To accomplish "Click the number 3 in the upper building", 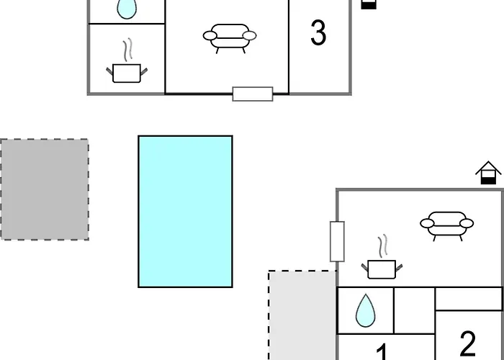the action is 318,32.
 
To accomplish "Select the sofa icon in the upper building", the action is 230,38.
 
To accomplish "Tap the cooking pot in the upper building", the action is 127,73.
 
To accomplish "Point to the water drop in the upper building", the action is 127,9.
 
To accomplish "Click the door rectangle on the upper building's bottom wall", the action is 253,94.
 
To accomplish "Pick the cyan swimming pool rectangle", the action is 186,212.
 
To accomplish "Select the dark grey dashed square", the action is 45,189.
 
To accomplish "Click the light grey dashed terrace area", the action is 302,315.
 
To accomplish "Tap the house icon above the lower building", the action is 488,173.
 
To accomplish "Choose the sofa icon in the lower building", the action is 447,226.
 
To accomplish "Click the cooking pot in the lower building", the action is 382,269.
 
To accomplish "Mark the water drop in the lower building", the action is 365,310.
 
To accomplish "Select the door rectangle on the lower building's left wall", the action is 337,241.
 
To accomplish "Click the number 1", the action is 382,352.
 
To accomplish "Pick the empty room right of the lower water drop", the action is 414,310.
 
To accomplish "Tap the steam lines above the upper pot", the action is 127,50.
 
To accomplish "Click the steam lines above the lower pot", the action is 382,246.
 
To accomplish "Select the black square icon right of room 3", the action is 369,4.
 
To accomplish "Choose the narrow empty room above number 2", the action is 469,299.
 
